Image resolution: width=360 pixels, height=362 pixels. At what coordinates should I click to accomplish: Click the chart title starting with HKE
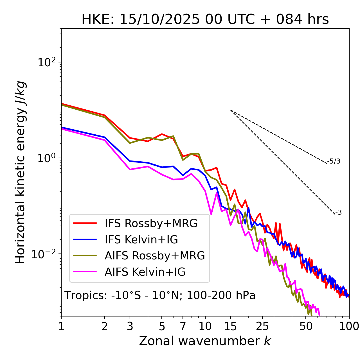[205, 20]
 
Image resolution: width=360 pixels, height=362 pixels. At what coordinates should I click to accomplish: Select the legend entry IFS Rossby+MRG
[151, 223]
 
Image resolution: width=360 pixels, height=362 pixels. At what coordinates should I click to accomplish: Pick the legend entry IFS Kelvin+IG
[141, 239]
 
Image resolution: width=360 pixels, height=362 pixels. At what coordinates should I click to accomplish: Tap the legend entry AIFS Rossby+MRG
[155, 256]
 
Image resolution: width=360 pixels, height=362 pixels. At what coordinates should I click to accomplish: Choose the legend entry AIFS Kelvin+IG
[145, 272]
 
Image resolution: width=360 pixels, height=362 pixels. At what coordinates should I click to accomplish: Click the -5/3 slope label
[334, 161]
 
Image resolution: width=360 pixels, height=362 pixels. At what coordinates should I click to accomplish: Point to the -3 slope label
[338, 212]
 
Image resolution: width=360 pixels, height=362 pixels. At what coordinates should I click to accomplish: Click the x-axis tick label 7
[183, 326]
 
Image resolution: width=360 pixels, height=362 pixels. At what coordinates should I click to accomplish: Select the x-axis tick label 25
[262, 326]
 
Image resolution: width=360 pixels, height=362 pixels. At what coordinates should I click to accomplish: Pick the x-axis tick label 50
[306, 326]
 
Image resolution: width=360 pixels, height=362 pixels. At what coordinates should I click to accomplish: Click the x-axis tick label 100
[349, 326]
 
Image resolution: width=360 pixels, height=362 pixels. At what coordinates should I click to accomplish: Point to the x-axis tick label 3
[130, 326]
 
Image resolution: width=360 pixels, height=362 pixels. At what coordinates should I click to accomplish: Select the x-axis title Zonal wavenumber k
[205, 341]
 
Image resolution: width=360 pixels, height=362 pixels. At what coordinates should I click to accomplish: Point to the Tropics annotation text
[160, 295]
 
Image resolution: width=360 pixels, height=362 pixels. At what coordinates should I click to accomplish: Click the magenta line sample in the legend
[85, 272]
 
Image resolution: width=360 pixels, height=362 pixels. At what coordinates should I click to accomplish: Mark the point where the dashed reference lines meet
[231, 110]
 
